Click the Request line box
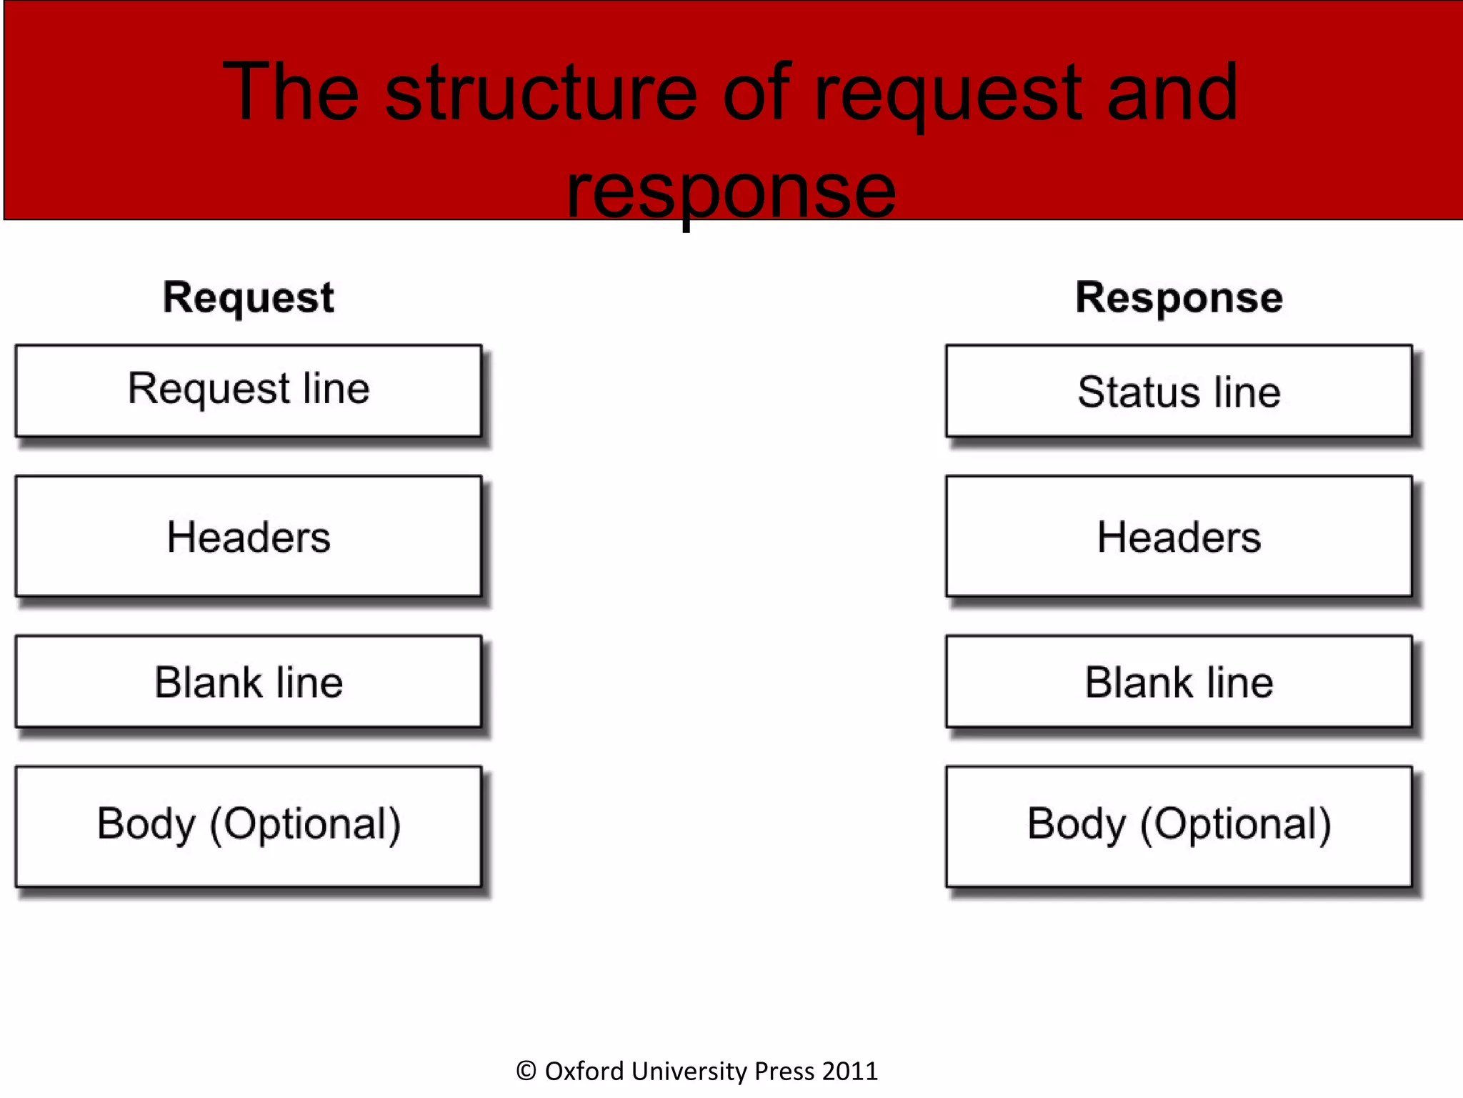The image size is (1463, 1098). point(249,390)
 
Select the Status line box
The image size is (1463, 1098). point(1179,390)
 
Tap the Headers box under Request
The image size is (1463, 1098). point(249,536)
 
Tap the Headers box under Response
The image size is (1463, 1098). point(1179,536)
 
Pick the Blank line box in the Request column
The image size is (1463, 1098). point(249,681)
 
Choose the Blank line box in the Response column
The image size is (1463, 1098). point(1179,681)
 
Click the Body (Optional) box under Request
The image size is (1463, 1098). point(249,826)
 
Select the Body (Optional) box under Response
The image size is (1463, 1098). point(1179,826)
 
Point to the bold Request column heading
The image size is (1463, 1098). point(248,297)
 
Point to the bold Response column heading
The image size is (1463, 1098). point(1179,297)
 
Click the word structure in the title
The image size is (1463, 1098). point(540,93)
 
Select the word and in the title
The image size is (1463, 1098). point(1172,93)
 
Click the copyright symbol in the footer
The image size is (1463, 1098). point(526,1071)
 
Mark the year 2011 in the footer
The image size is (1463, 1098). point(849,1071)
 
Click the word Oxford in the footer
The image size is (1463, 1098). point(584,1071)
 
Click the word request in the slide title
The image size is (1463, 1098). point(947,97)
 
